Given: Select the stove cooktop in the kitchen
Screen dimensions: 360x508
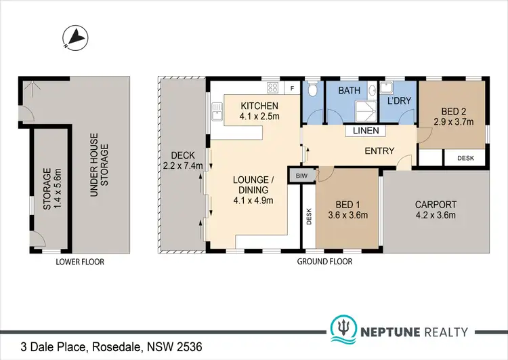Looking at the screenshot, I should click(x=274, y=87).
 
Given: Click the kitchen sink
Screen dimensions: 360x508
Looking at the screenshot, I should click(x=217, y=111).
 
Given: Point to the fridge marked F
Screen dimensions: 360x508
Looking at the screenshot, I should click(x=293, y=88).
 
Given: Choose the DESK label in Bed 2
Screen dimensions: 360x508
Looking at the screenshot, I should click(x=466, y=157).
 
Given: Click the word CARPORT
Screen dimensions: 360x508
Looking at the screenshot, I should click(x=436, y=204).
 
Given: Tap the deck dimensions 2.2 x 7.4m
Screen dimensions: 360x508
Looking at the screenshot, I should click(x=183, y=165).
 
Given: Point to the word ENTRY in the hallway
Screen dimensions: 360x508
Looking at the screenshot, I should click(x=379, y=151).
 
